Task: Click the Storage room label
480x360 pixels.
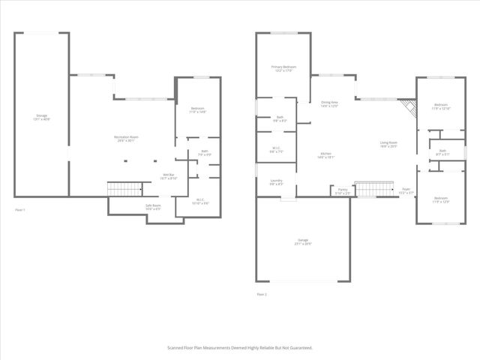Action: [42, 117]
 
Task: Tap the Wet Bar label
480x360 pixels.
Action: [169, 176]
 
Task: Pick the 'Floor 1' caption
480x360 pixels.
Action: [20, 209]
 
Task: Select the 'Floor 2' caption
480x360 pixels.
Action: [262, 294]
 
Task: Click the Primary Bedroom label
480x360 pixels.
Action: [283, 68]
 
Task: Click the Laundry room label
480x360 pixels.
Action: [276, 181]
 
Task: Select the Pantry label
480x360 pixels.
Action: [342, 191]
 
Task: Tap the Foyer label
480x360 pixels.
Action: [406, 190]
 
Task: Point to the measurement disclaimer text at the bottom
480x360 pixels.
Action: [239, 348]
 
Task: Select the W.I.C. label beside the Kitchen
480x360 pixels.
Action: [276, 149]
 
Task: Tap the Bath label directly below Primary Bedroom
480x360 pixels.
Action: [279, 118]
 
